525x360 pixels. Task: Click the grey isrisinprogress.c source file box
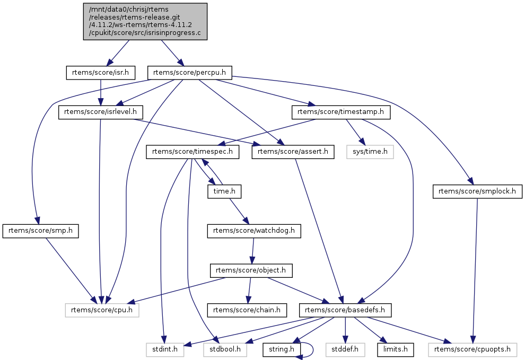[145, 21]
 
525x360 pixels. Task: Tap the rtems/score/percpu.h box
[192, 72]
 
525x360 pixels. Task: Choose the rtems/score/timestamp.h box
[341, 112]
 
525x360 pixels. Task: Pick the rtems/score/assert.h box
[293, 152]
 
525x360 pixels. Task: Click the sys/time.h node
[371, 152]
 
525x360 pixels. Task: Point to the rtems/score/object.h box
[251, 270]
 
